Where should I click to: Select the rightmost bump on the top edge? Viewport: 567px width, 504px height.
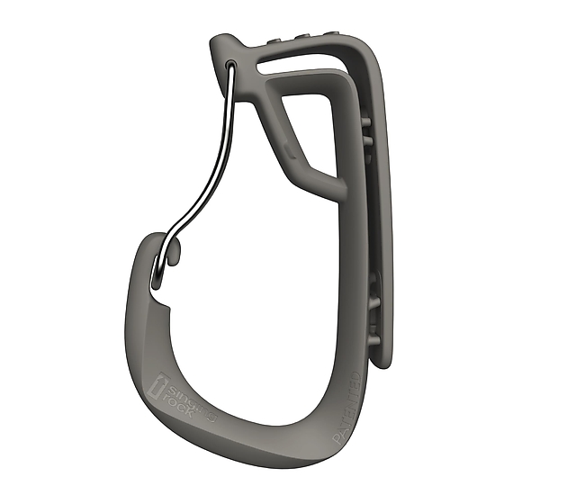(x=319, y=34)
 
